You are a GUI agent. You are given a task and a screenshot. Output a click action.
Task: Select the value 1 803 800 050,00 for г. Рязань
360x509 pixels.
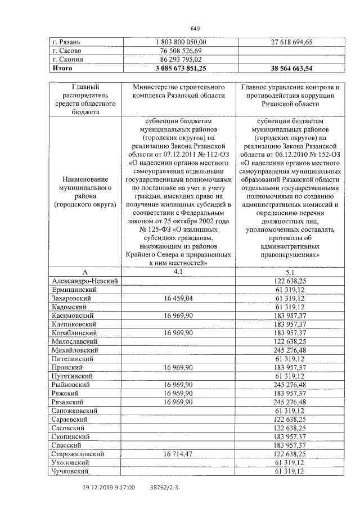click(x=180, y=42)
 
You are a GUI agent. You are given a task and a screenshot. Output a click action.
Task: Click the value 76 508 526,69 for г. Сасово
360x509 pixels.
click(x=180, y=50)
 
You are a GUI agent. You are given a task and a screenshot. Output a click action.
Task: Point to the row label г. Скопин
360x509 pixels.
click(x=67, y=58)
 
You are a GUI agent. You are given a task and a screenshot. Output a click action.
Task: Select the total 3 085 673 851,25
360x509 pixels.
click(x=180, y=67)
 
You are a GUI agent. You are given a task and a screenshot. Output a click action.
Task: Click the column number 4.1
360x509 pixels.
click(x=179, y=271)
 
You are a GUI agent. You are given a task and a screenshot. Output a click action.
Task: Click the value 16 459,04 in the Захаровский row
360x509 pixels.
click(x=180, y=298)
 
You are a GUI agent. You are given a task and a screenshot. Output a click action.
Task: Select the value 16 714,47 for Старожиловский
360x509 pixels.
click(x=180, y=453)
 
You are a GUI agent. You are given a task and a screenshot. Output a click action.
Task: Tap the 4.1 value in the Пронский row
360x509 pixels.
click(x=180, y=367)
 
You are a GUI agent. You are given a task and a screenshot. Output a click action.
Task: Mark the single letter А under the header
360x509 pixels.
click(x=85, y=272)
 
